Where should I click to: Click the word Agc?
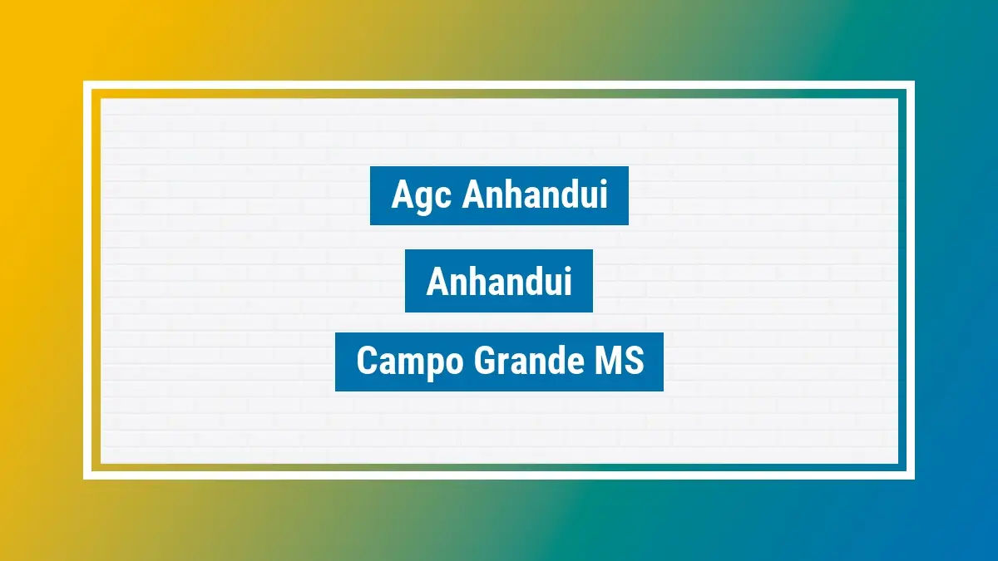[420, 196]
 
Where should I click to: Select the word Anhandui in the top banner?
[535, 195]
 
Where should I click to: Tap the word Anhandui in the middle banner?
[499, 282]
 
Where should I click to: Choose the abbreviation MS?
[620, 362]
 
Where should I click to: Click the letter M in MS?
[610, 362]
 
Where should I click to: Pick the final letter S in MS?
[634, 362]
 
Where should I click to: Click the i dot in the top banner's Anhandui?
[603, 183]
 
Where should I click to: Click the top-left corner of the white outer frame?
[86, 83]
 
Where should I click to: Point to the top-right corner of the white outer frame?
[912, 83]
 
